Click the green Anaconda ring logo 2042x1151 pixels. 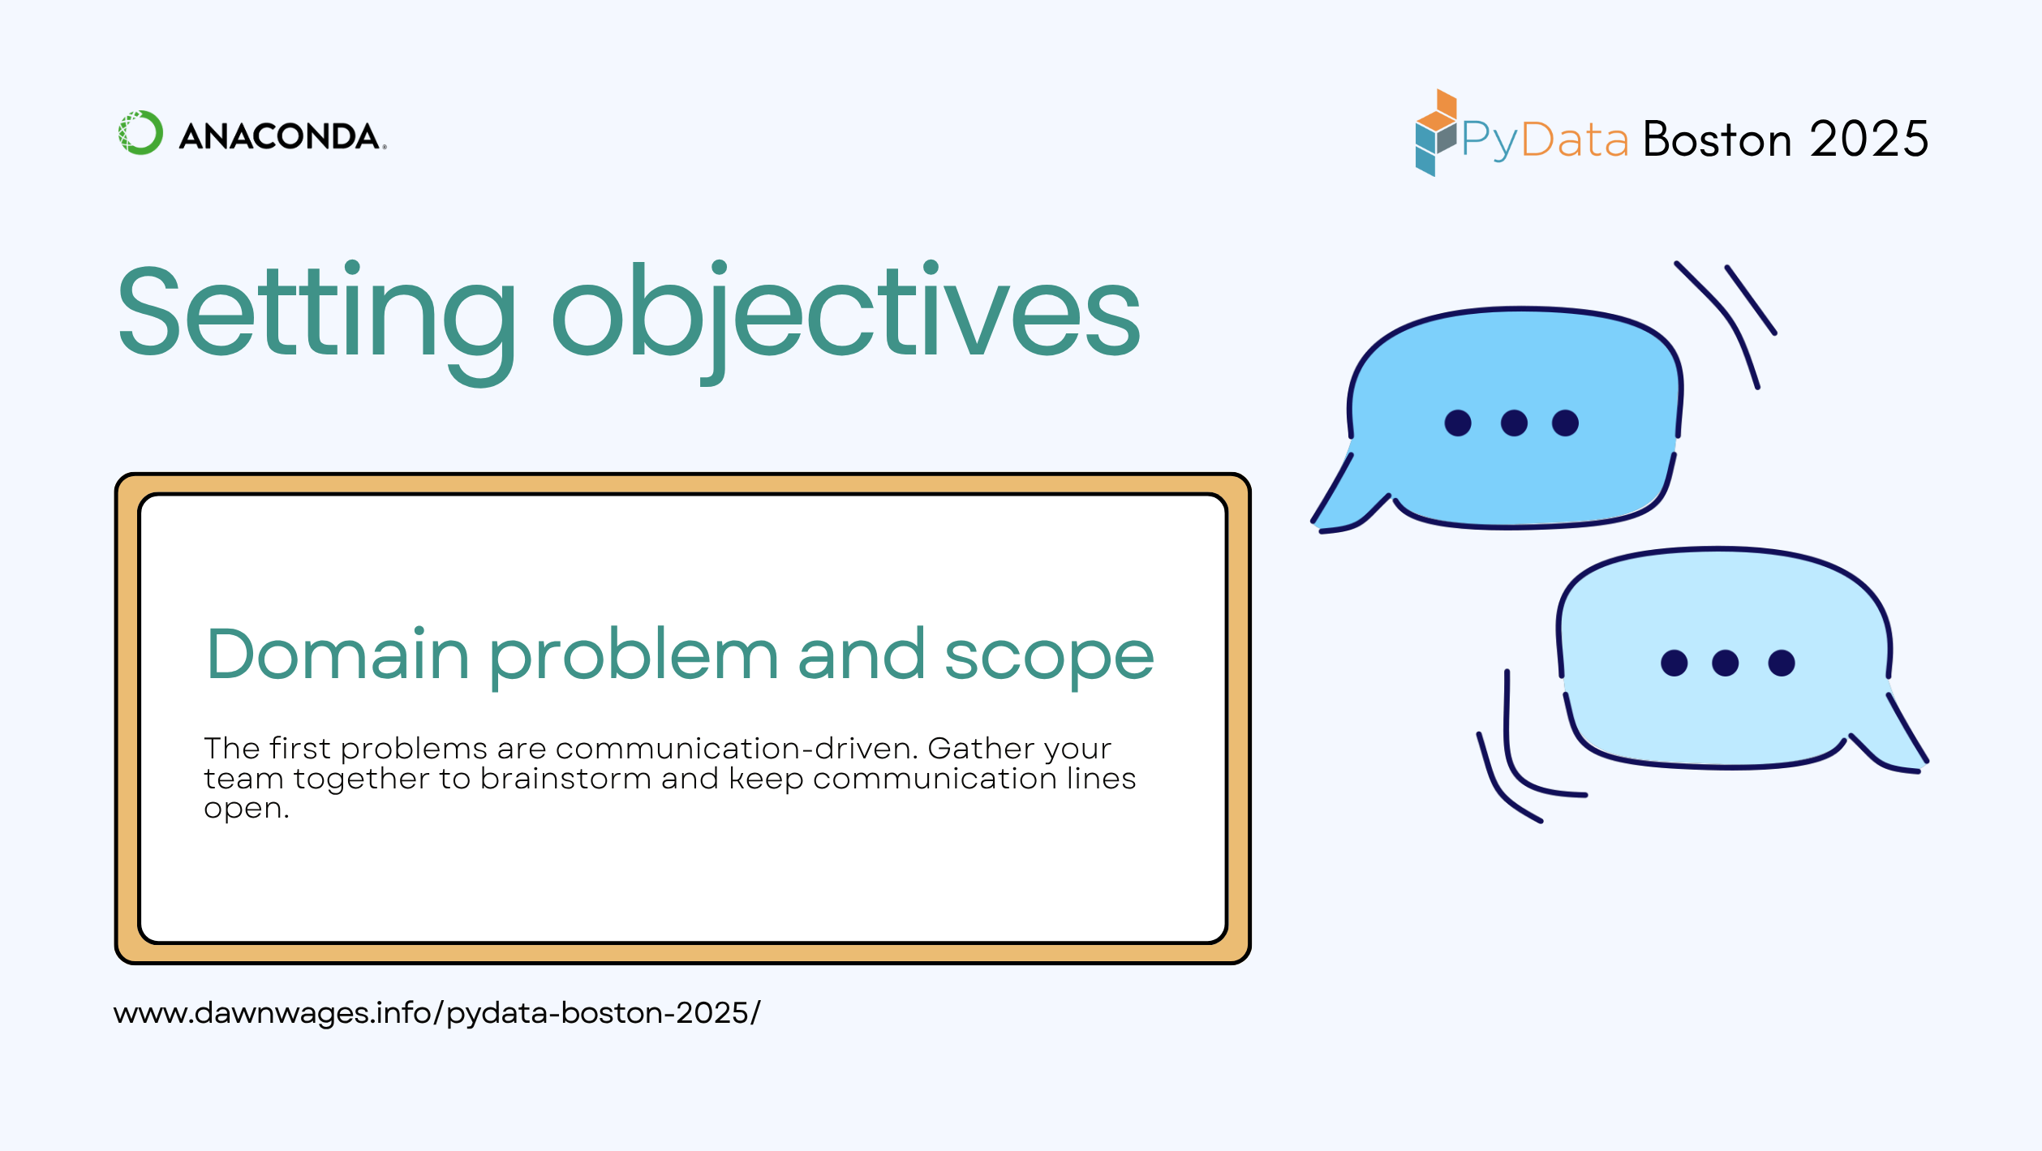pos(140,133)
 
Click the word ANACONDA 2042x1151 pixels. pos(280,136)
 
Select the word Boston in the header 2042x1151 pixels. pos(1717,140)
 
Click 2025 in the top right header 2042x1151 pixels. pos(1868,140)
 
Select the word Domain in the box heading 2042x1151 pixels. pos(337,655)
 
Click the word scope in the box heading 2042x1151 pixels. pos(1048,657)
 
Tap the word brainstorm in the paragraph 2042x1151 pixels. pos(565,779)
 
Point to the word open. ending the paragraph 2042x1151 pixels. pos(246,809)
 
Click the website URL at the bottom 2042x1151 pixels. pos(436,1013)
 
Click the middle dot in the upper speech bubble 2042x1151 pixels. pos(1514,423)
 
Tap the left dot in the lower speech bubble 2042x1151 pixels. pos(1674,663)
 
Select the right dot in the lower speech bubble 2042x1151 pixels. pos(1781,663)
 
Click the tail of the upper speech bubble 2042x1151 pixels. pos(1343,503)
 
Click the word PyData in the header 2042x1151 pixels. pos(1545,140)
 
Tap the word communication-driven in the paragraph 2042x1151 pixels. pos(736,748)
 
